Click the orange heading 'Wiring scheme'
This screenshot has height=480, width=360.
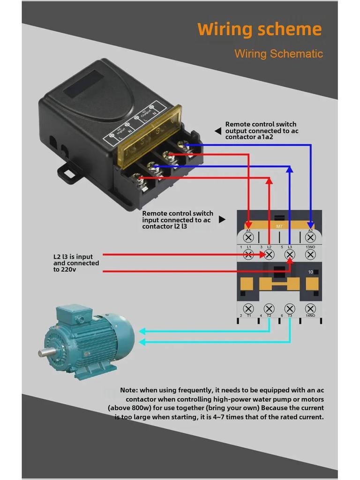[x=259, y=30]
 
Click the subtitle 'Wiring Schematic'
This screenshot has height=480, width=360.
[x=278, y=53]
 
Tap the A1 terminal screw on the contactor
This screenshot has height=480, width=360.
[x=248, y=238]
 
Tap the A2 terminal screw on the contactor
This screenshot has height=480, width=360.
[x=310, y=238]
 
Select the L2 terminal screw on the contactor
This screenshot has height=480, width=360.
[x=269, y=255]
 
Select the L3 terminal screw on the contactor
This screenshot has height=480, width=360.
[x=290, y=255]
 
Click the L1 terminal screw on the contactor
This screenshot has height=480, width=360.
[x=248, y=255]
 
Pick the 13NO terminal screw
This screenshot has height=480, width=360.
[x=310, y=255]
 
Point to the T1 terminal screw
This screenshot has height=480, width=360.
[x=248, y=308]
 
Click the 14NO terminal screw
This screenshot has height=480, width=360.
[x=310, y=308]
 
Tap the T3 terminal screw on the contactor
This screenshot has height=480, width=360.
[x=290, y=308]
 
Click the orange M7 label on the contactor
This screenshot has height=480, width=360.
[x=279, y=226]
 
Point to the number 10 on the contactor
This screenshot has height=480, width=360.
[x=310, y=272]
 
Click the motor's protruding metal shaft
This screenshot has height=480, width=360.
[x=44, y=352]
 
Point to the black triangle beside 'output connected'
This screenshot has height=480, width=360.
[x=218, y=131]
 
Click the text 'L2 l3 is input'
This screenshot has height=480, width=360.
[x=73, y=257]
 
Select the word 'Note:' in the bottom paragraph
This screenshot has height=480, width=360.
[x=128, y=390]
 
